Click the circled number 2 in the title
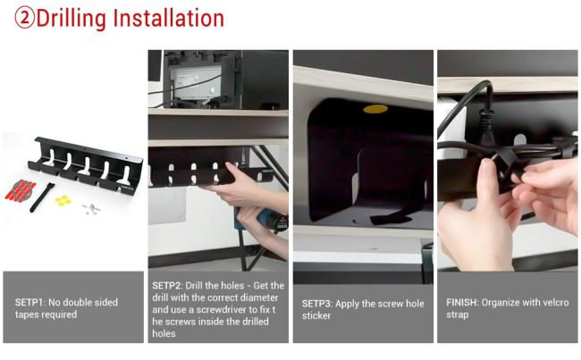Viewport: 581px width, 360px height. coord(24,18)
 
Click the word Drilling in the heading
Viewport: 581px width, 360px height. coord(72,19)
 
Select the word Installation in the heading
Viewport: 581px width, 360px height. coord(169,18)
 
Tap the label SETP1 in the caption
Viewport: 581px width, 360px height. coord(30,302)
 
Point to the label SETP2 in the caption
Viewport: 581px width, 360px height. coord(167,286)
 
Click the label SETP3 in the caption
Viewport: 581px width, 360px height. coord(317,304)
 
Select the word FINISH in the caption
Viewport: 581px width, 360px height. coord(462,302)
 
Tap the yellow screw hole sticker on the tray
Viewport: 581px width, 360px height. coord(375,109)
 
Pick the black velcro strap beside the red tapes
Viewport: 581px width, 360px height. coord(41,197)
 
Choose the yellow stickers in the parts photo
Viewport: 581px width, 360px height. coord(63,200)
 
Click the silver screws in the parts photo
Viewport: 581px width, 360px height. coord(91,208)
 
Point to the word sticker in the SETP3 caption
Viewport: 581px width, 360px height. coord(316,315)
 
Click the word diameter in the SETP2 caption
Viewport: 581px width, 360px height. coord(259,297)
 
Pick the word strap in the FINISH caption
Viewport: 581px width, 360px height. coord(458,314)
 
